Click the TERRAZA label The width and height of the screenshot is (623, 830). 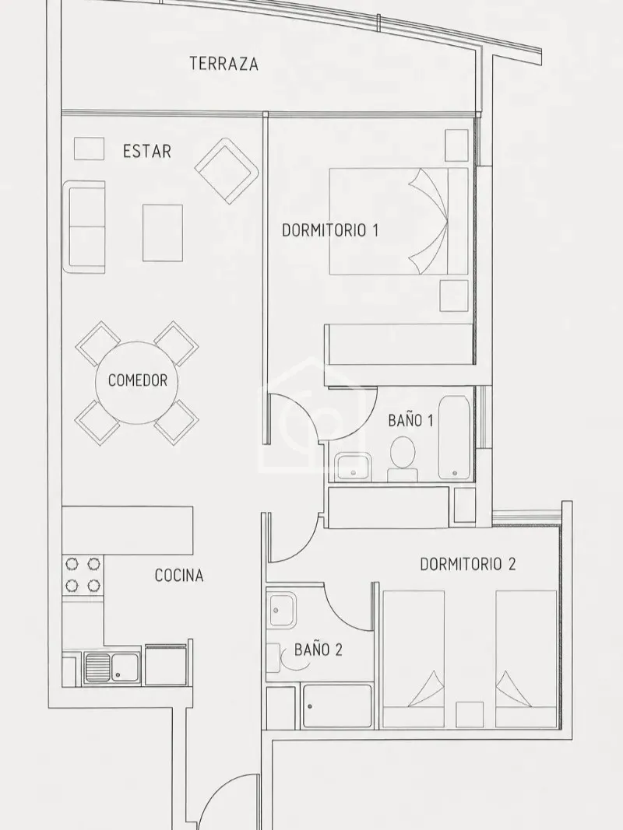pyautogui.click(x=224, y=64)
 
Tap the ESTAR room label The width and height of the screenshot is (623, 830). pyautogui.click(x=146, y=152)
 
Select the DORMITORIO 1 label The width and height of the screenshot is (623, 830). pyautogui.click(x=329, y=230)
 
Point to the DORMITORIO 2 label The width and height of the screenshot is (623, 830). pyautogui.click(x=467, y=564)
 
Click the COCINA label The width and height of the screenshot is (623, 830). pyautogui.click(x=179, y=576)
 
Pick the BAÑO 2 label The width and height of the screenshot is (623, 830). pyautogui.click(x=319, y=650)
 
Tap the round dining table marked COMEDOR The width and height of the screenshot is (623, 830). pyautogui.click(x=137, y=380)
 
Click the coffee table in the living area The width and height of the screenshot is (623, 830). pyautogui.click(x=163, y=233)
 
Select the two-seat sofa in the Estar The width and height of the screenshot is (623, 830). pyautogui.click(x=83, y=226)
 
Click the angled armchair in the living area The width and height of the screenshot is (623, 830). pyautogui.click(x=227, y=171)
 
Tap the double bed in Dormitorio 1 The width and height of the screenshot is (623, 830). pyautogui.click(x=399, y=221)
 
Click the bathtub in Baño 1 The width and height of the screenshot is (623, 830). pyautogui.click(x=455, y=437)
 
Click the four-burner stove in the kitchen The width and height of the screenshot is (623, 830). pyautogui.click(x=83, y=574)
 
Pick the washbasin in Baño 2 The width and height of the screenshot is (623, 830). pyautogui.click(x=282, y=611)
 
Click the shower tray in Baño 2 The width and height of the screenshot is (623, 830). pyautogui.click(x=337, y=706)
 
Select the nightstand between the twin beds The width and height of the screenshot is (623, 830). pyautogui.click(x=470, y=715)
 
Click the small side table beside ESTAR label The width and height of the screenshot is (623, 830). pyautogui.click(x=89, y=149)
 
